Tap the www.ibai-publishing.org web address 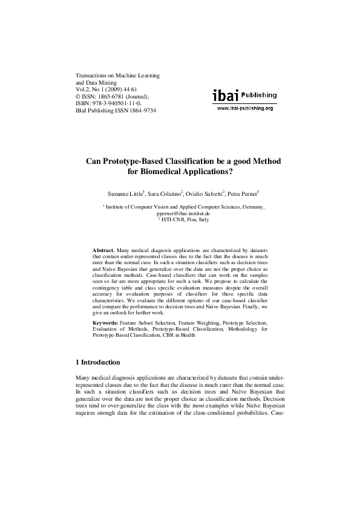(x=244, y=108)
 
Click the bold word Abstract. (x=103, y=250)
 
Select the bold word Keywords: (x=105, y=323)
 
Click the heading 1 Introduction (x=97, y=362)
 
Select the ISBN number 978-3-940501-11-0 (x=120, y=103)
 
